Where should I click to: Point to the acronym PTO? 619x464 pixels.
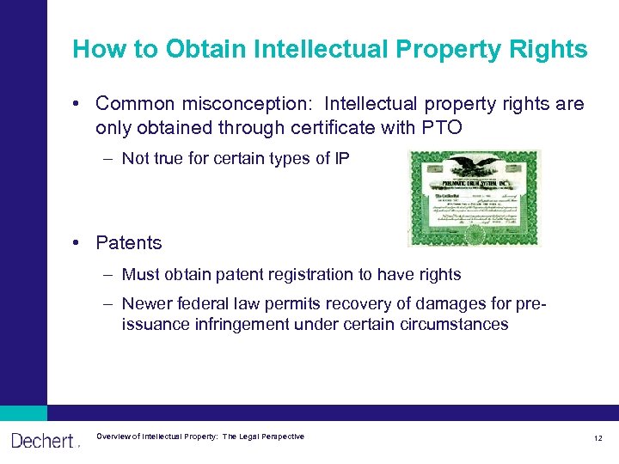point(444,127)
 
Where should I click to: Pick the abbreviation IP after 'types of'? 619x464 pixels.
point(340,158)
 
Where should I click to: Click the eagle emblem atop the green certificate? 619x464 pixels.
point(475,162)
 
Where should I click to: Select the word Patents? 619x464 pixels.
point(129,243)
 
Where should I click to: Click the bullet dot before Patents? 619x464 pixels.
point(77,243)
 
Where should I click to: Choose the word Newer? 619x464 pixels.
point(147,303)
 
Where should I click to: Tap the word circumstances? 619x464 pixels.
point(455,325)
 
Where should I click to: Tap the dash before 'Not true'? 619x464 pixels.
point(110,158)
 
